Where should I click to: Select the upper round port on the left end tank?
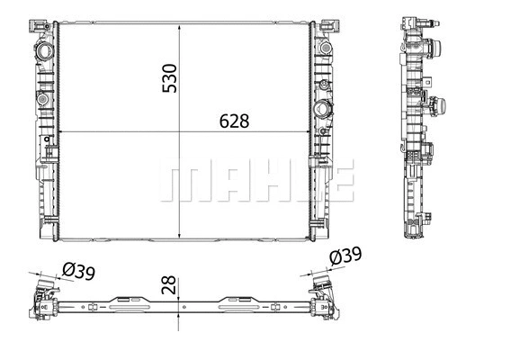coord(42,52)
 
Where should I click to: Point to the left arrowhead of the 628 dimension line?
coord(61,134)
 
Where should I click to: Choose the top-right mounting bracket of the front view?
coord(331,19)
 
